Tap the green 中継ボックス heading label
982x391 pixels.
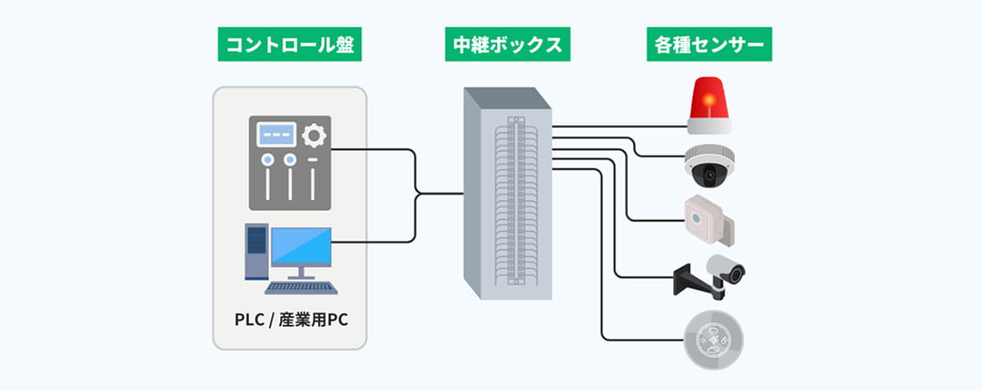tap(504, 46)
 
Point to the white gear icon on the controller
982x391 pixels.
tap(312, 136)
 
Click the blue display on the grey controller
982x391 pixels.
tap(277, 135)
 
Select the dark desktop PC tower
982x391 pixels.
tap(256, 251)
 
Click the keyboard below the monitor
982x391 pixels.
tap(301, 287)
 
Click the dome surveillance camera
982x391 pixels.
tap(709, 165)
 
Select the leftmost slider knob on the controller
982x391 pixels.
tap(267, 161)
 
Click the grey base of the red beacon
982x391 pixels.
tap(708, 125)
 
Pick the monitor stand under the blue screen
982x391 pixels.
tap(301, 271)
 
